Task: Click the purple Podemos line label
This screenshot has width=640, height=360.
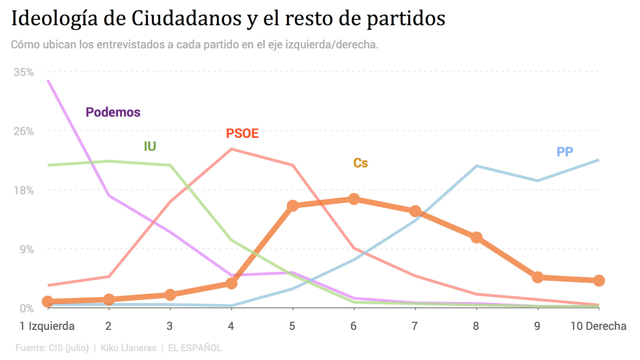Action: pyautogui.click(x=113, y=112)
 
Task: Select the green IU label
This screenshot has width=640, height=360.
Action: pyautogui.click(x=150, y=146)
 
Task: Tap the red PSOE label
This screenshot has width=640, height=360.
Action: pyautogui.click(x=242, y=133)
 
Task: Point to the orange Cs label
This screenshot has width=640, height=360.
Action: pyautogui.click(x=360, y=163)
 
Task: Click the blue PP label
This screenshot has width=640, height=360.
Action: pyautogui.click(x=565, y=152)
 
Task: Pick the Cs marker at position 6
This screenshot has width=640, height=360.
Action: pyautogui.click(x=354, y=199)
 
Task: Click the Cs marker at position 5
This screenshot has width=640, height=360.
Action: pyautogui.click(x=293, y=205)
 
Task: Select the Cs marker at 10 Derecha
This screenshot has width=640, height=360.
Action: pyautogui.click(x=599, y=280)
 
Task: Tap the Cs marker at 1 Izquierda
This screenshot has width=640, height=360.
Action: pyautogui.click(x=48, y=301)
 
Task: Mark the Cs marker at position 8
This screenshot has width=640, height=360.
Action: pyautogui.click(x=476, y=237)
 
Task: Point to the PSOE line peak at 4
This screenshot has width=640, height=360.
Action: pyautogui.click(x=231, y=149)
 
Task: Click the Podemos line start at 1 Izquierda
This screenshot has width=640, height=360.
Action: pyautogui.click(x=48, y=81)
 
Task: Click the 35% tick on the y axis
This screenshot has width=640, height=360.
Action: pyautogui.click(x=24, y=72)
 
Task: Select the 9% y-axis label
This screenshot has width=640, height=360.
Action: pyautogui.click(x=27, y=249)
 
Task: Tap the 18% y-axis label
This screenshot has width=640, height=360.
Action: pyautogui.click(x=24, y=190)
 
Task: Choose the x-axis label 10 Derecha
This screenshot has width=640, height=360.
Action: pyautogui.click(x=598, y=326)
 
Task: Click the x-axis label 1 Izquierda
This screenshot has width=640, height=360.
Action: pyautogui.click(x=47, y=326)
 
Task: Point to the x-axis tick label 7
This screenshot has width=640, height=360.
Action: pyautogui.click(x=415, y=326)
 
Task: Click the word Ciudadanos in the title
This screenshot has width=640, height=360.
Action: pyautogui.click(x=186, y=18)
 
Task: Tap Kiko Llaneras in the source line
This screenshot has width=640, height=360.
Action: pyautogui.click(x=128, y=348)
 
